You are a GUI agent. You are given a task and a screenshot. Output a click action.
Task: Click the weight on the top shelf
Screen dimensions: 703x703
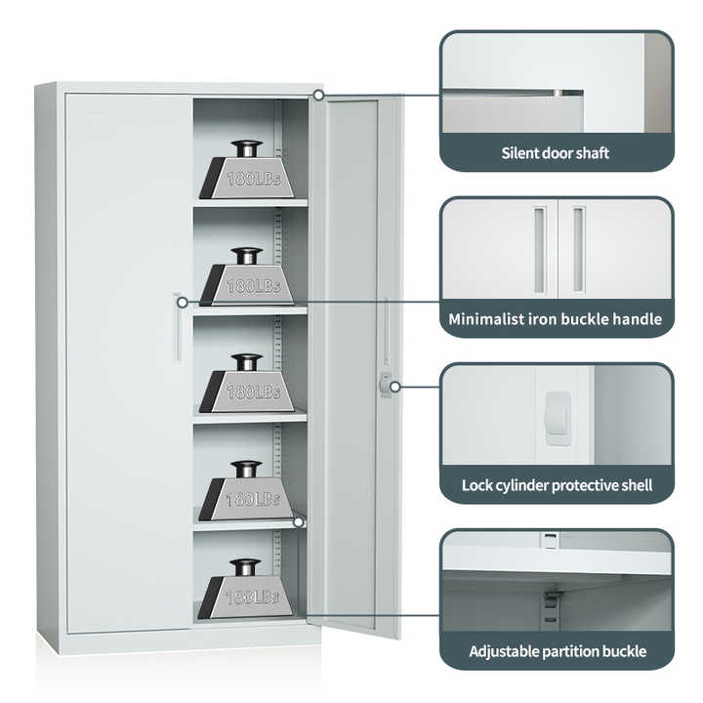click(247, 170)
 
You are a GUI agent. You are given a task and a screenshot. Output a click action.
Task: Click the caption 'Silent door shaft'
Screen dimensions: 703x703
click(555, 153)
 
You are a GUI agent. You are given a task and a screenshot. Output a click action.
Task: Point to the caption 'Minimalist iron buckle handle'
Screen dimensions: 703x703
click(555, 319)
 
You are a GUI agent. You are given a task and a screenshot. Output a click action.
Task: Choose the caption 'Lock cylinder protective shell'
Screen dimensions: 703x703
click(557, 485)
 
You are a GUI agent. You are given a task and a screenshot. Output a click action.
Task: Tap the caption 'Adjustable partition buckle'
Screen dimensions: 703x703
click(558, 651)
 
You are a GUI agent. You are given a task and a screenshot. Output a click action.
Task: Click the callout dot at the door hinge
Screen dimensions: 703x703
click(318, 95)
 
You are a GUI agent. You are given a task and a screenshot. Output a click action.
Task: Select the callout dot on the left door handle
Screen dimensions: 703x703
click(183, 303)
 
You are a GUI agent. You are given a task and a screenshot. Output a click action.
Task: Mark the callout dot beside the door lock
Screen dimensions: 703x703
click(395, 387)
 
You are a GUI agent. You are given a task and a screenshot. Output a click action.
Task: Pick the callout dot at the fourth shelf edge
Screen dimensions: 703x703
click(298, 521)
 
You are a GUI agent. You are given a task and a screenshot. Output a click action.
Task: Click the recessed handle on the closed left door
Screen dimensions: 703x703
click(177, 327)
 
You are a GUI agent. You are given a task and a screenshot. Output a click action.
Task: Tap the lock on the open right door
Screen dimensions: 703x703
click(385, 385)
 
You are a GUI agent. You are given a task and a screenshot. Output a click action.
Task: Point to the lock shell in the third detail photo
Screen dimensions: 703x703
click(558, 419)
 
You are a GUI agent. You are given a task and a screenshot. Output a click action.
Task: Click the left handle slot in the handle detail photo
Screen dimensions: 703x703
click(540, 250)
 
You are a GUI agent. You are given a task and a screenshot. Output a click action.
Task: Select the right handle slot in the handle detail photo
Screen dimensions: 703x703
click(579, 250)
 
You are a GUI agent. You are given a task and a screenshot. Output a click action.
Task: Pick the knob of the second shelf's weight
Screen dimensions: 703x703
click(246, 255)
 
